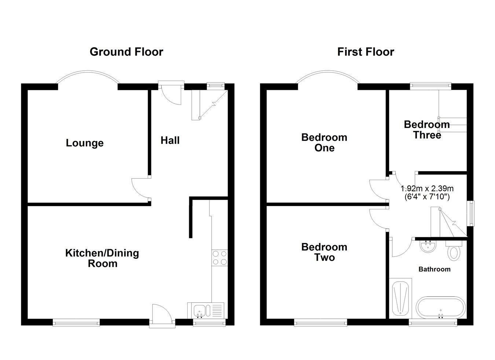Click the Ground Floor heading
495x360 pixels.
tap(126, 52)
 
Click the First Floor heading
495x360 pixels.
tap(365, 52)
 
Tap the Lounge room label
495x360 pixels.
tap(85, 143)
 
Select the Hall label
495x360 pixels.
tap(170, 140)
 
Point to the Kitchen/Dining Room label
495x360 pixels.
tap(102, 258)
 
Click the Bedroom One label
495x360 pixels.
tap(324, 142)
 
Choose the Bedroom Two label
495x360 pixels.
tap(324, 252)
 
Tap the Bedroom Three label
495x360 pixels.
tap(427, 129)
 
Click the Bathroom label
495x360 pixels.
tap(434, 269)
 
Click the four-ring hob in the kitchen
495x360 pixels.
tap(220, 257)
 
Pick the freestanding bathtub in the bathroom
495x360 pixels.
tap(441, 308)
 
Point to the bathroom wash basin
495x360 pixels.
tap(427, 246)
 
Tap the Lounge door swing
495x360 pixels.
tap(141, 188)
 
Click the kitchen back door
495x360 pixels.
tap(161, 313)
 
